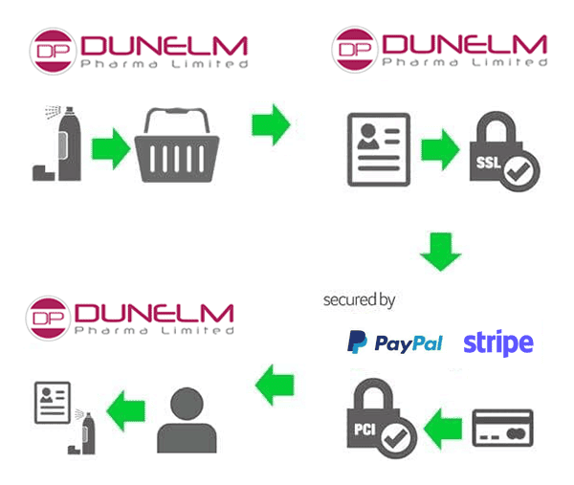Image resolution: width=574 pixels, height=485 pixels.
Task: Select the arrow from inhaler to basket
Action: point(112,150)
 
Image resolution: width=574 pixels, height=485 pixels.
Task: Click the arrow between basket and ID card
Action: point(271,125)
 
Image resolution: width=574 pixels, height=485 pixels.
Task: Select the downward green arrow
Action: point(440,252)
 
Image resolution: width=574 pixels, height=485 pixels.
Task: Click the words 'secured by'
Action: point(359,299)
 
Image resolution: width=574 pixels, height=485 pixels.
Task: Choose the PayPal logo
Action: point(394,342)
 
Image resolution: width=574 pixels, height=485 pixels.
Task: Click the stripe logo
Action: point(497,342)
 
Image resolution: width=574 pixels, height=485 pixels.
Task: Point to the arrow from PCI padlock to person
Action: point(274,384)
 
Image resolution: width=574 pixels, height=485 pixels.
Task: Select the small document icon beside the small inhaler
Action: point(51,402)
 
